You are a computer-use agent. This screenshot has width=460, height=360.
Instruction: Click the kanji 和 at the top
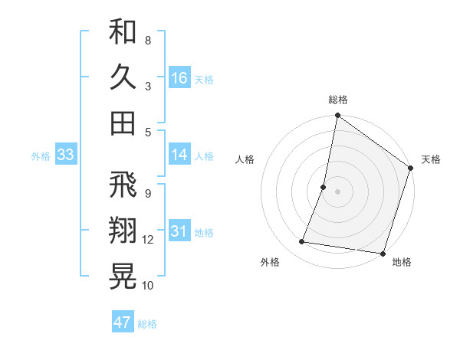[x=123, y=34]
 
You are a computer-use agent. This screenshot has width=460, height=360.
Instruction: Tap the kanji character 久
[x=123, y=77]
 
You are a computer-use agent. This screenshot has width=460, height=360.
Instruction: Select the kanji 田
[x=123, y=122]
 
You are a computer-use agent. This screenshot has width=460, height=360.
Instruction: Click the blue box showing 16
[x=179, y=78]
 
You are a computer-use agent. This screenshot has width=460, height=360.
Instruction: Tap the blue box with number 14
[x=179, y=155]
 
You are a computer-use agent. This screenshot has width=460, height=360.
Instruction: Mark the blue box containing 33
[x=65, y=155]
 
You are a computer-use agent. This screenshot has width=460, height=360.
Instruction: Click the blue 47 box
[x=122, y=322]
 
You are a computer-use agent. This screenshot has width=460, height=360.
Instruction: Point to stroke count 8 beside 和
[x=147, y=40]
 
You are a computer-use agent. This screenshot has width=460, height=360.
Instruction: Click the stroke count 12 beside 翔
[x=148, y=240]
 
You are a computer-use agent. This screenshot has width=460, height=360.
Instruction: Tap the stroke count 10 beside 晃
[x=148, y=285]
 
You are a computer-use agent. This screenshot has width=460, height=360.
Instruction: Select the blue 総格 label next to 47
[x=147, y=324]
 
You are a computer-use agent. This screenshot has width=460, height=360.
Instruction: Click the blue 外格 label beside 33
[x=41, y=156]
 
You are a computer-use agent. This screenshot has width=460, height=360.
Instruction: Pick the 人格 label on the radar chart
[x=245, y=159]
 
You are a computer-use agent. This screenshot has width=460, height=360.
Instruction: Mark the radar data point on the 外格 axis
[x=302, y=242]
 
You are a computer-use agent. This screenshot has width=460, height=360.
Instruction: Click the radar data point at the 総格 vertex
[x=337, y=116]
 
